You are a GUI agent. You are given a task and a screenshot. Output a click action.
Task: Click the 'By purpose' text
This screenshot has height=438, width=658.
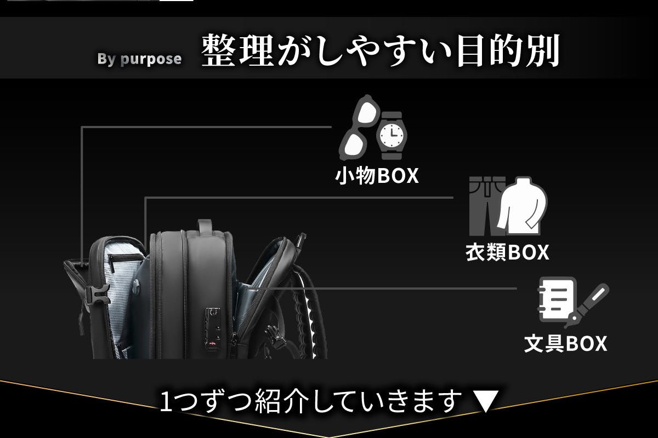139,59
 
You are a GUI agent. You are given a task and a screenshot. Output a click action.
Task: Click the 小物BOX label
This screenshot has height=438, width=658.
377,176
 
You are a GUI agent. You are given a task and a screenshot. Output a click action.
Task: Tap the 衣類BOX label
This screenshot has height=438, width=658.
507,252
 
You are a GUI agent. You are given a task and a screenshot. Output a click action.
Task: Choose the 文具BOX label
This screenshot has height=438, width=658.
565,343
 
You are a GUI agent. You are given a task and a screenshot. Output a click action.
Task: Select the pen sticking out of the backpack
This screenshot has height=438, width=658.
300,240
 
